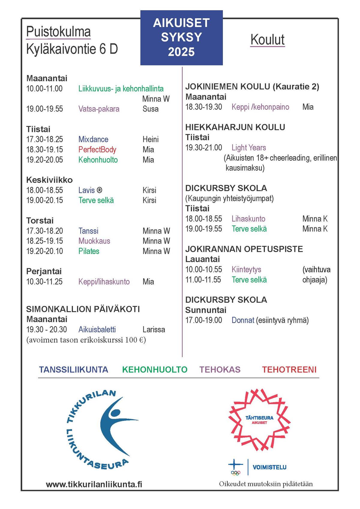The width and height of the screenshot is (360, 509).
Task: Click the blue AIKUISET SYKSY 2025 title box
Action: [181, 37]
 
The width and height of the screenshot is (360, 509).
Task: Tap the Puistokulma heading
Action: [58, 32]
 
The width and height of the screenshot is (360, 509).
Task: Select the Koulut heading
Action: [267, 40]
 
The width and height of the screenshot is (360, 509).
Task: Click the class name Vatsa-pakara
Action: [99, 109]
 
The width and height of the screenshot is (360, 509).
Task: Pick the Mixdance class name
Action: [93, 139]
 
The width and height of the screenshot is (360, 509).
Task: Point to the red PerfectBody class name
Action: [97, 150]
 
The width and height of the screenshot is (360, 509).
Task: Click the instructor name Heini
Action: [151, 139]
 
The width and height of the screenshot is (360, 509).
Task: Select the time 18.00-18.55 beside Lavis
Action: [45, 190]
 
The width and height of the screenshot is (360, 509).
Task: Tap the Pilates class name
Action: [89, 251]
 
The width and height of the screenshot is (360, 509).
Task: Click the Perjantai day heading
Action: [44, 271]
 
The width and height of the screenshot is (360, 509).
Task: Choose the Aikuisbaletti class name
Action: [97, 330]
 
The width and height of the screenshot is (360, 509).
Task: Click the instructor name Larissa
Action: [154, 330]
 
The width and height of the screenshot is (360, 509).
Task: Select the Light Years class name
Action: [249, 148]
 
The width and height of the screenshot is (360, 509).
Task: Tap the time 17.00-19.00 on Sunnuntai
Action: [204, 320]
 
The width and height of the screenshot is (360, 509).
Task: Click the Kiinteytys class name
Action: [246, 270]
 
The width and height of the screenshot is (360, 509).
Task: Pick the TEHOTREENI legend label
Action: [289, 370]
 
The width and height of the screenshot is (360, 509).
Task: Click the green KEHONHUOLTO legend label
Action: [155, 370]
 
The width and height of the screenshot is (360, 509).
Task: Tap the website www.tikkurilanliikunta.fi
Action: [94, 484]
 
